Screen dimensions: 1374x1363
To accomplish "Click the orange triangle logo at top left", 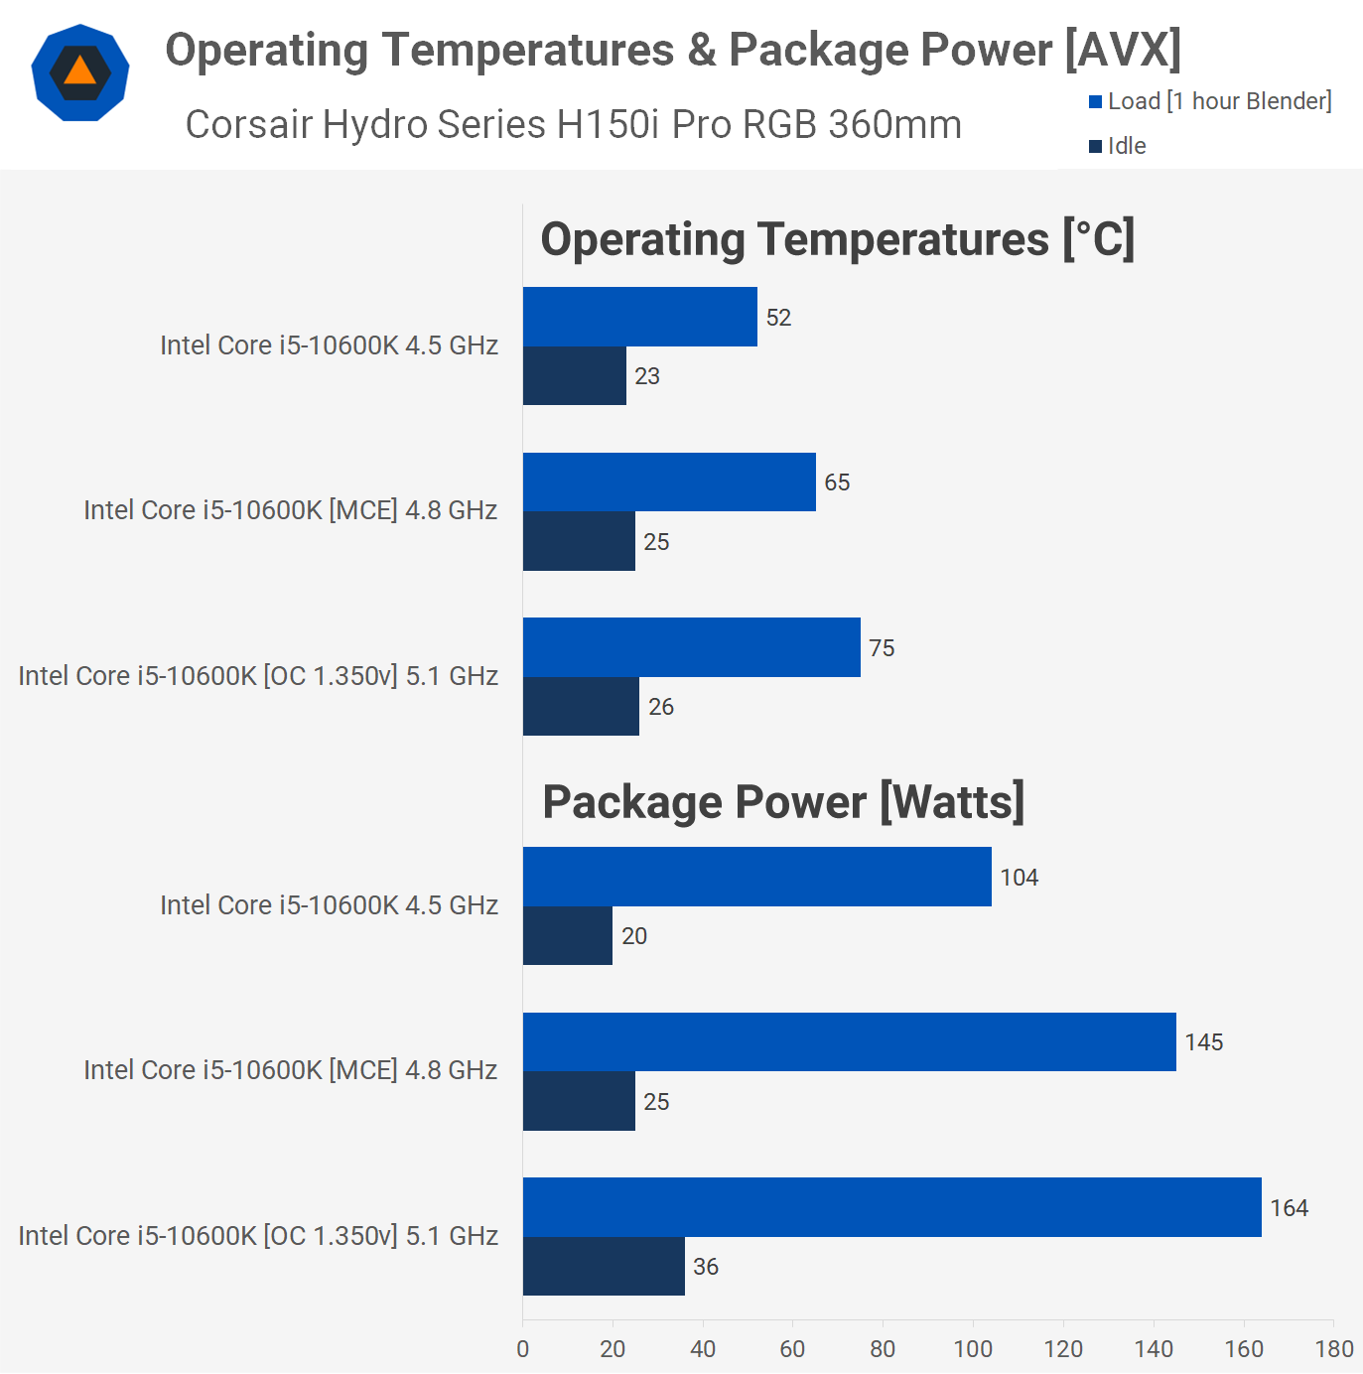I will click(80, 72).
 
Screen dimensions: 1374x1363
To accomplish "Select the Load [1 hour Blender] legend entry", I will click(1210, 101).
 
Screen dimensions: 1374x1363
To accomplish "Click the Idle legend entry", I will click(1118, 146).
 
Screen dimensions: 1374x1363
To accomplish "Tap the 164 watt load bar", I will click(891, 1207).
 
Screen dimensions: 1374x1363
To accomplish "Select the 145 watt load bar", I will click(849, 1041).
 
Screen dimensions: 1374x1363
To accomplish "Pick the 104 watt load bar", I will click(756, 877).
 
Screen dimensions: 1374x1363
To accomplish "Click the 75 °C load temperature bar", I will click(691, 647).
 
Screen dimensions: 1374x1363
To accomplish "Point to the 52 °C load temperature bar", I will click(639, 317).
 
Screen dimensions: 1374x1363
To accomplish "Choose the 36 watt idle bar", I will click(604, 1266).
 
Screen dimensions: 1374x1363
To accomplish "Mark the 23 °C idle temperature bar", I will click(574, 375).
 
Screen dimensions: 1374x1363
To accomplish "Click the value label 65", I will click(837, 482).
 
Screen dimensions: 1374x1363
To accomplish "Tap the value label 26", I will click(661, 707).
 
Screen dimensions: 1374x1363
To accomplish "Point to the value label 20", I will click(634, 936).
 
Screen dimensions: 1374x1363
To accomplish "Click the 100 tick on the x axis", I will click(973, 1348).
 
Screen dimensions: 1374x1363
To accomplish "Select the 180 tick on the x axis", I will click(1334, 1348).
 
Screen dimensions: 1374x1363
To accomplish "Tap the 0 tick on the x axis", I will click(523, 1348).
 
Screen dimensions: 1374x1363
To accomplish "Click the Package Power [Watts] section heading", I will click(783, 802).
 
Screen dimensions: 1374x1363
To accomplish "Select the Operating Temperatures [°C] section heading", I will click(837, 239).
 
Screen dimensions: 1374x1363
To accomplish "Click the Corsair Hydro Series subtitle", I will click(573, 125).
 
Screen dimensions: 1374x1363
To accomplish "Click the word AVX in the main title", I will click(1123, 50).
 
